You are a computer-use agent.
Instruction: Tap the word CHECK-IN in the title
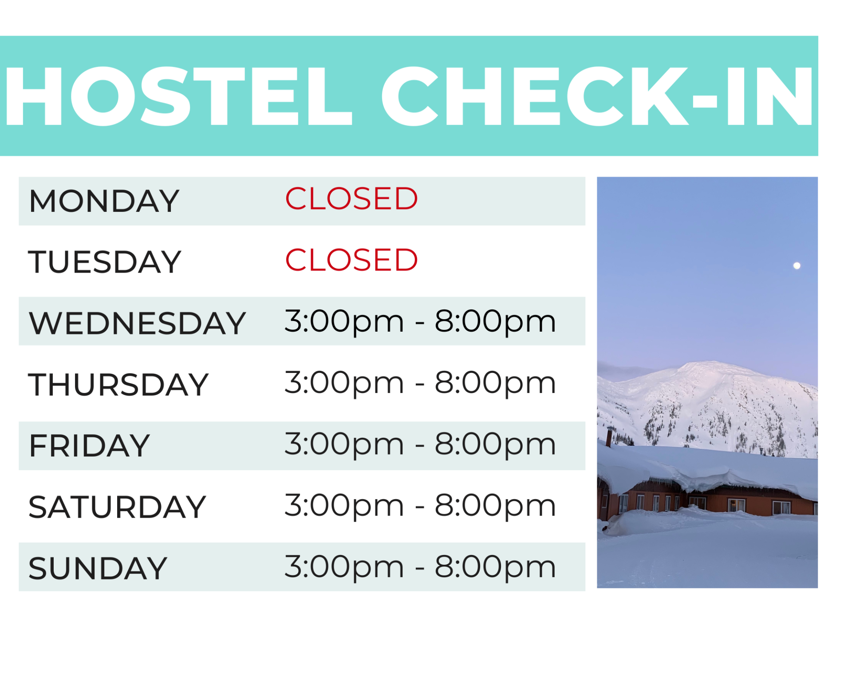click(x=597, y=96)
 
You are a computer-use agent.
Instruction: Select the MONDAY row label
click(x=104, y=201)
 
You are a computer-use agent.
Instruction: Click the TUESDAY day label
click(x=105, y=262)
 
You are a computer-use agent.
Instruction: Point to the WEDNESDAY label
click(x=137, y=323)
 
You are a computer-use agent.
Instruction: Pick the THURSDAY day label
click(x=118, y=385)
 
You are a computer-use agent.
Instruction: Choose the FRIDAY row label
click(x=89, y=446)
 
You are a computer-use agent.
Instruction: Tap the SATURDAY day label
click(x=117, y=507)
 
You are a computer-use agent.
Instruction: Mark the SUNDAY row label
click(x=98, y=568)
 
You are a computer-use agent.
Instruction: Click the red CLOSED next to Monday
click(x=351, y=198)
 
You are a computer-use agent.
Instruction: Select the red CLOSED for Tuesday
click(x=351, y=260)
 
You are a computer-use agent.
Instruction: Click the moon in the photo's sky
click(x=797, y=266)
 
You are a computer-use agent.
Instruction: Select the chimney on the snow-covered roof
click(x=609, y=437)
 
